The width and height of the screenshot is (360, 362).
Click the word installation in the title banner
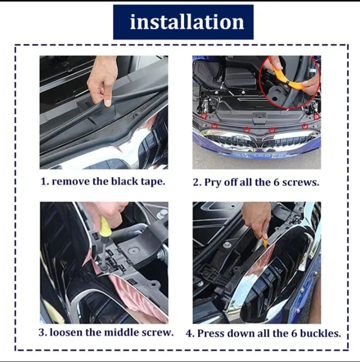(187, 21)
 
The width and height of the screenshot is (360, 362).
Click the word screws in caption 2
(300, 182)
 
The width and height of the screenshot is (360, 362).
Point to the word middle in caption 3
(121, 332)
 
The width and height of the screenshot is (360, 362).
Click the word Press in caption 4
(211, 333)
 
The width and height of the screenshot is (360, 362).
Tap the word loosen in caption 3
(66, 332)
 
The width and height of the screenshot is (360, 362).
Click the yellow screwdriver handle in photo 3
(104, 227)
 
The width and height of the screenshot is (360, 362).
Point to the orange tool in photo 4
(265, 242)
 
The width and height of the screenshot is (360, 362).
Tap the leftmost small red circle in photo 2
(203, 116)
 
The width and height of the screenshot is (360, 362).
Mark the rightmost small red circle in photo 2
(317, 116)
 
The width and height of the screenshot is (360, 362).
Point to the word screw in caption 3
(157, 332)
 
